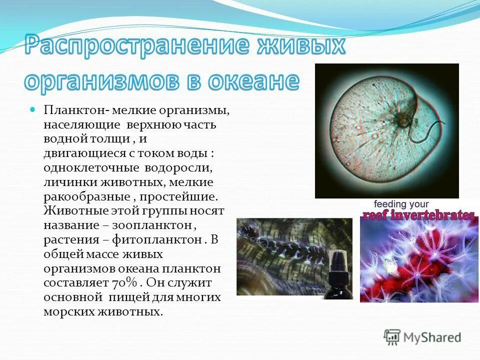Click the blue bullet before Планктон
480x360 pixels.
point(33,108)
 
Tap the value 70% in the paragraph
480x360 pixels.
point(122,283)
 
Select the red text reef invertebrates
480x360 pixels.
point(418,215)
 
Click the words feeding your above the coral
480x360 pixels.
point(401,204)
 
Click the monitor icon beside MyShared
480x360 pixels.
point(392,336)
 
